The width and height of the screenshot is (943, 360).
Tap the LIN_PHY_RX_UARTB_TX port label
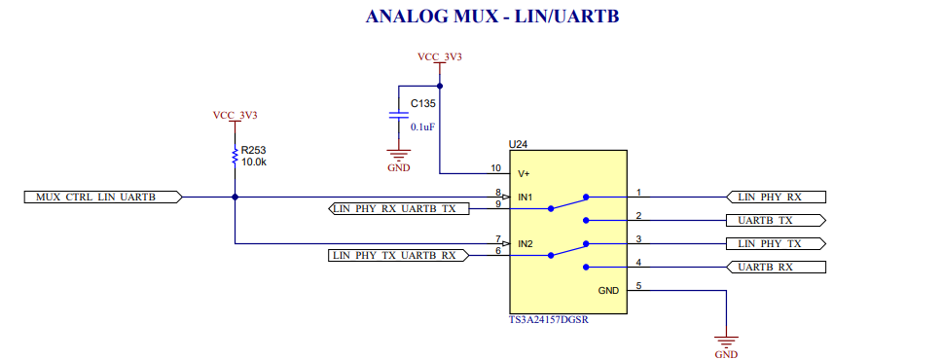coord(400,208)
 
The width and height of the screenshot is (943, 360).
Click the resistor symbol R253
coord(235,156)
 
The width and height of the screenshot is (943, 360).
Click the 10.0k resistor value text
coord(254,162)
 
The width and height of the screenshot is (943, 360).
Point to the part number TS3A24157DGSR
coord(549,320)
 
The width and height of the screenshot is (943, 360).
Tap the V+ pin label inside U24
coord(524,173)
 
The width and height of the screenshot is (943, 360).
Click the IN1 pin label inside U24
coord(526,198)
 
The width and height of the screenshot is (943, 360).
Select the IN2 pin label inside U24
coord(526,244)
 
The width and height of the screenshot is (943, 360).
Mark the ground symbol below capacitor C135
coord(397,156)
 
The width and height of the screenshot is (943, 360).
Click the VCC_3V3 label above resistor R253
coord(235,115)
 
